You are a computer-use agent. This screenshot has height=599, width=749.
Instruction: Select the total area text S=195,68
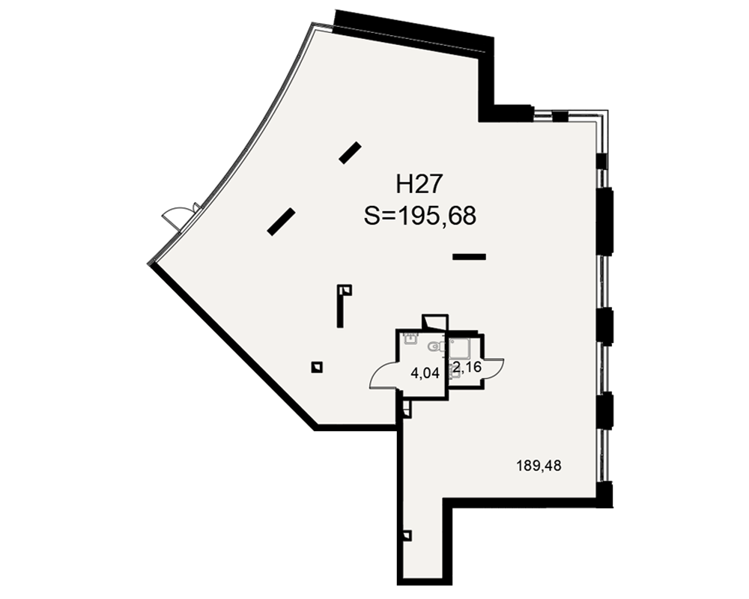(x=420, y=216)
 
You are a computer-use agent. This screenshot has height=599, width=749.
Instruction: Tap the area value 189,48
(x=539, y=466)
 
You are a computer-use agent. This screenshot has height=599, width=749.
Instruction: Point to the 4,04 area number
(x=425, y=373)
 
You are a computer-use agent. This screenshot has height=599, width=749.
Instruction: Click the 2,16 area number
(x=467, y=368)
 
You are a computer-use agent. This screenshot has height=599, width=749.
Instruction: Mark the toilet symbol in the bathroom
(x=436, y=346)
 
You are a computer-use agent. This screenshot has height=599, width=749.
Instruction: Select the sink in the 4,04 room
(x=410, y=338)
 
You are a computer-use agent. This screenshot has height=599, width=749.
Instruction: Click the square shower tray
(x=460, y=348)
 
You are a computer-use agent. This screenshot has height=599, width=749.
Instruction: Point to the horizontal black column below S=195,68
(x=469, y=257)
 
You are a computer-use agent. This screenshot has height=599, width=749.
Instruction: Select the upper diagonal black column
(x=350, y=153)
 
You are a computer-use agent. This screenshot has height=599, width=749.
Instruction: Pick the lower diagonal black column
(x=280, y=222)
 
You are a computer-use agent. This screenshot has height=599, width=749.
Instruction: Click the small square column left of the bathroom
(x=317, y=367)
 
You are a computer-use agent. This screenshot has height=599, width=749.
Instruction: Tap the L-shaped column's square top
(x=345, y=290)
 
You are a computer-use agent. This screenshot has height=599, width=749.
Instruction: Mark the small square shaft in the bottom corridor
(x=407, y=535)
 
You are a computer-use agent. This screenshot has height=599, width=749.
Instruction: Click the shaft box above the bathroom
(x=434, y=323)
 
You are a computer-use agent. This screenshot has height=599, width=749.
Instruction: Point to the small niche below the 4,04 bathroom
(x=407, y=409)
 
